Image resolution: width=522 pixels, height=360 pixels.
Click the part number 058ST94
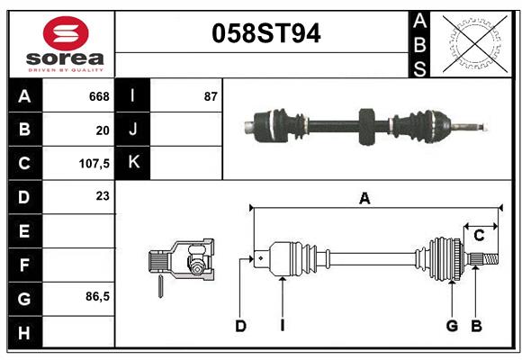[265, 34]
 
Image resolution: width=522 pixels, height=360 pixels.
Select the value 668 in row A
[99, 96]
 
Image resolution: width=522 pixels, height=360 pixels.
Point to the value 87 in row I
[211, 96]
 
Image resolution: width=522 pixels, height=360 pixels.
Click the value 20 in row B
[103, 130]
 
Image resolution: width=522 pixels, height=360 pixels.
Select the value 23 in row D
[103, 195]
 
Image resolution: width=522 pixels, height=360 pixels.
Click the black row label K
[133, 163]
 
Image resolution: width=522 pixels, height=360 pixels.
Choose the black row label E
[24, 230]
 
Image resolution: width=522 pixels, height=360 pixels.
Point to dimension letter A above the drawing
[364, 199]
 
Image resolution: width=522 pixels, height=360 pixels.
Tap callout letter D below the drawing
[240, 326]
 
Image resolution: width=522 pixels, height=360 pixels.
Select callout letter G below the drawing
[452, 326]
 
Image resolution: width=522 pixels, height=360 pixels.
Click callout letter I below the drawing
[282, 326]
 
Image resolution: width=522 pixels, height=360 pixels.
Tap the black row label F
[24, 265]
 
